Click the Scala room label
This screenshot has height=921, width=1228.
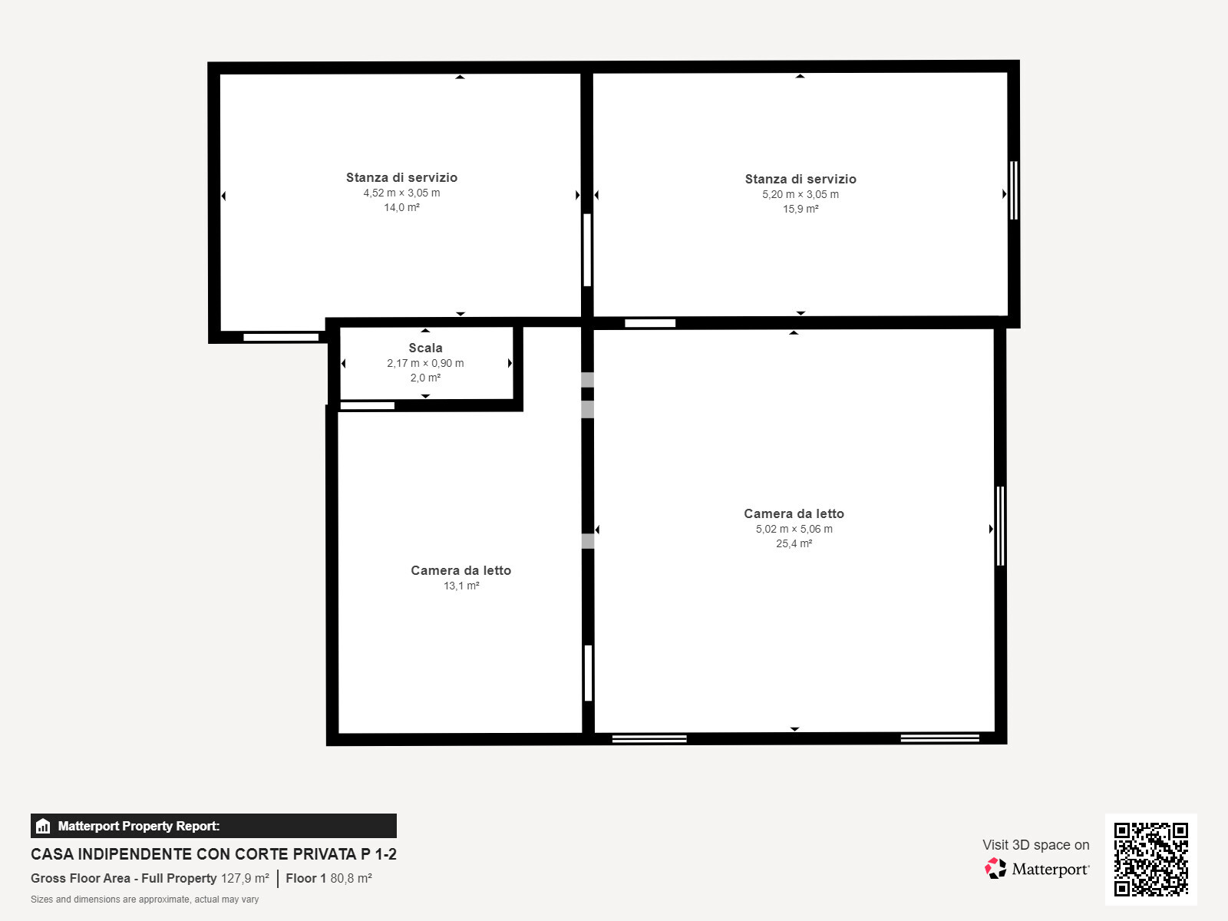(425, 348)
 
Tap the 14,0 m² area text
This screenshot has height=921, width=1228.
(401, 207)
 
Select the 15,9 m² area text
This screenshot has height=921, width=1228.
(801, 209)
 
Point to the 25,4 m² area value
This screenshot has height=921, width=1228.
(794, 543)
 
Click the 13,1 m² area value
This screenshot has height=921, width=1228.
(461, 586)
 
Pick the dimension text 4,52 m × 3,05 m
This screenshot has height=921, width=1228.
(401, 193)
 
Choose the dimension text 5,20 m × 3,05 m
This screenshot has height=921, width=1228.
(801, 195)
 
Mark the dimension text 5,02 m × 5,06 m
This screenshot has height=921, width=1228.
(794, 529)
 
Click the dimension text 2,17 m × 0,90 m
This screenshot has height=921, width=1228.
(425, 364)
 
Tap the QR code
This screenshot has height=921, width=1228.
(1150, 860)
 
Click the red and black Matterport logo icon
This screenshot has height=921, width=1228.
(995, 869)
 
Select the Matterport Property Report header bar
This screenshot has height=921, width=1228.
(213, 826)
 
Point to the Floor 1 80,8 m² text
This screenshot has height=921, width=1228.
(329, 879)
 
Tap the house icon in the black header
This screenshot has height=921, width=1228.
(43, 826)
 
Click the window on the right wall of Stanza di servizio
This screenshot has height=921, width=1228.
(1014, 190)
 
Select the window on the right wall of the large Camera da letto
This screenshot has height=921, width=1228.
(1000, 527)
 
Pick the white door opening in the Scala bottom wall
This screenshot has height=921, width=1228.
(368, 405)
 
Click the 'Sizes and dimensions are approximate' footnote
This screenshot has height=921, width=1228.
(145, 900)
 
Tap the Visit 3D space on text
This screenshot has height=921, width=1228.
(1036, 845)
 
